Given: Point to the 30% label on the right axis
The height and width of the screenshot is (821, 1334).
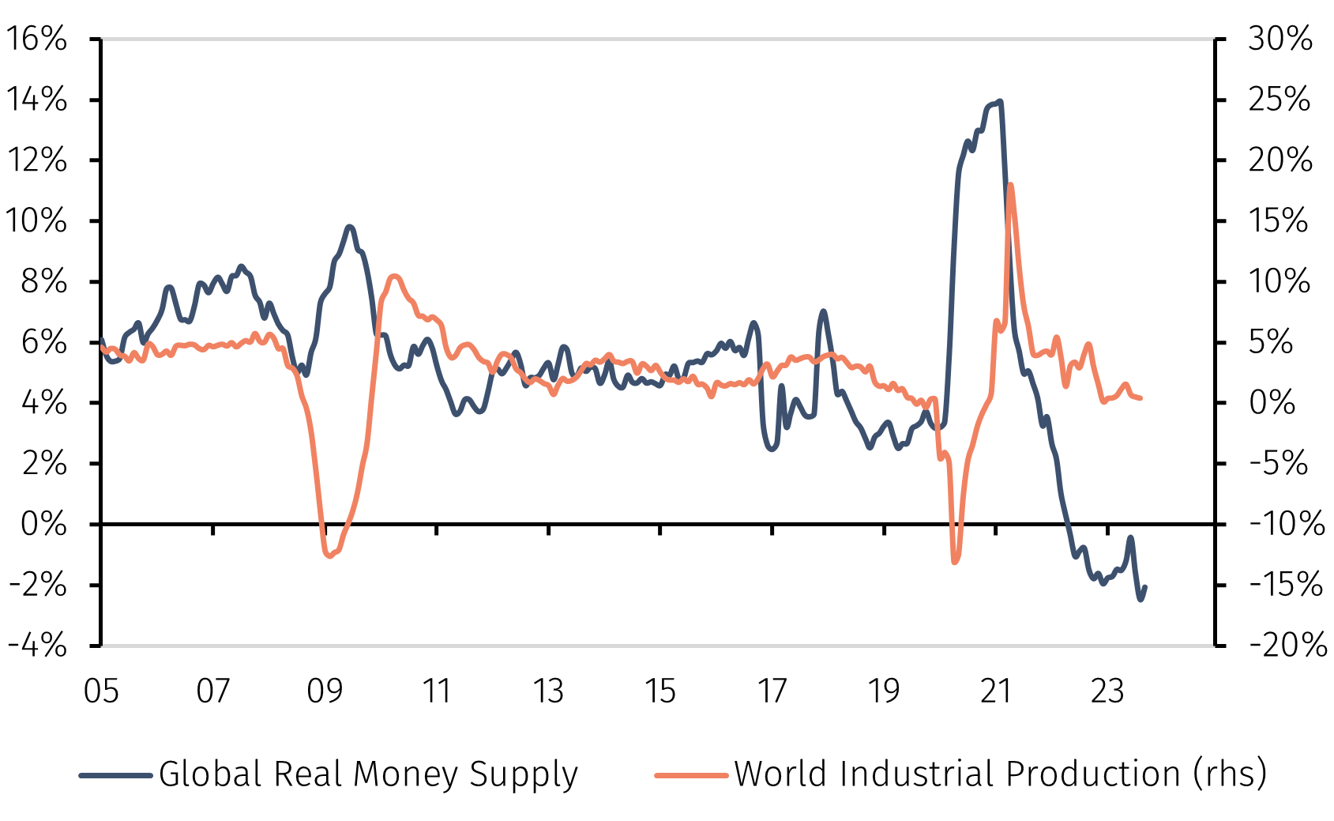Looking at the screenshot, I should (1280, 38).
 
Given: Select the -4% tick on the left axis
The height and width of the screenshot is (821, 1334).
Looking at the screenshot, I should (37, 645).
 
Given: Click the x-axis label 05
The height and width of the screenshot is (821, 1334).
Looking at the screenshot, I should (101, 691).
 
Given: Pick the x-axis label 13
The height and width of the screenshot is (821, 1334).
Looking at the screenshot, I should (548, 691).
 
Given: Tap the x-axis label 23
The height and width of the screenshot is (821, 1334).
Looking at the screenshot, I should (1107, 691).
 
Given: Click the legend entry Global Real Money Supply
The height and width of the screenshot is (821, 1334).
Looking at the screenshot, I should (368, 774).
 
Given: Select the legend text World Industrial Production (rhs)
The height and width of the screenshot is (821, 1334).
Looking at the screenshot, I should (1000, 774).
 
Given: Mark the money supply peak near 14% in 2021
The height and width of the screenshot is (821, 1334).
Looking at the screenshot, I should (1000, 101).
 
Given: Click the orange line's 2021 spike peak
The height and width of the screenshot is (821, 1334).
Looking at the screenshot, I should (1011, 185).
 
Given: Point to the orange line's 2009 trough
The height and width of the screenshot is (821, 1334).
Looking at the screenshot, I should (329, 555).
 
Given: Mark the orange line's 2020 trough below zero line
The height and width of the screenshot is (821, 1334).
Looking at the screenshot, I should (955, 562).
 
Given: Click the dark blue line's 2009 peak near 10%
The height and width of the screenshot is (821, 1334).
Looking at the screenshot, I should (350, 227).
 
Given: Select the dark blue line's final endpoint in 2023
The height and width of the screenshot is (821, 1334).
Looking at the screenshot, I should (1145, 587).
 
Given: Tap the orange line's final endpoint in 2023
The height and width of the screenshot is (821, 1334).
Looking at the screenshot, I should (1140, 398).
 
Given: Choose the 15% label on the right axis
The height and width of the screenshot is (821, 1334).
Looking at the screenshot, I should (1278, 220).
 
